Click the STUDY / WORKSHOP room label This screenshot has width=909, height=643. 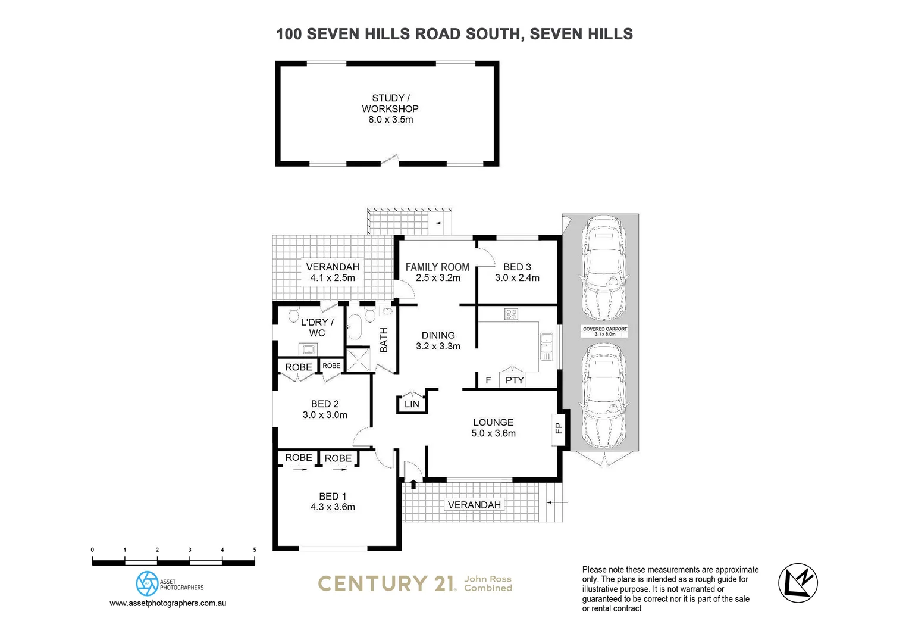coord(390,103)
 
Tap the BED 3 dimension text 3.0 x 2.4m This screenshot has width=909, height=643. coord(517,278)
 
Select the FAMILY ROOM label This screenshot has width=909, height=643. coord(437,267)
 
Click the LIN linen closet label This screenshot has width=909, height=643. coord(412,404)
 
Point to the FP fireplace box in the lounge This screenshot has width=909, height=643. coord(558,429)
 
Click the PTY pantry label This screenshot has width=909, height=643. coord(515,380)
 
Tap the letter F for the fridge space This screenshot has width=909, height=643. coord(488,380)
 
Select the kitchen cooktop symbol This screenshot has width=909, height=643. coord(511,314)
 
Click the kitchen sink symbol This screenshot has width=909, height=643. coord(546,347)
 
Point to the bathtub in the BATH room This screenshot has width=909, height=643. coord(355,328)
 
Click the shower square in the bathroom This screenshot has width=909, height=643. coord(359,359)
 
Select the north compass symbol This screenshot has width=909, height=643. coord(798,583)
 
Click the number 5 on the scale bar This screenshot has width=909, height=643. coord(255,550)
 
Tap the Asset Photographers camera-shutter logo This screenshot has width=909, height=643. coord(147,583)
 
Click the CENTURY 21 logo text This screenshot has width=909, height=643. coord(387,583)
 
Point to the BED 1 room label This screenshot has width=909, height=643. coord(333,497)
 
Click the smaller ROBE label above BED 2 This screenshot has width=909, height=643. coord(331,366)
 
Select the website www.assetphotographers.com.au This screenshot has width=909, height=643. coord(168,603)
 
